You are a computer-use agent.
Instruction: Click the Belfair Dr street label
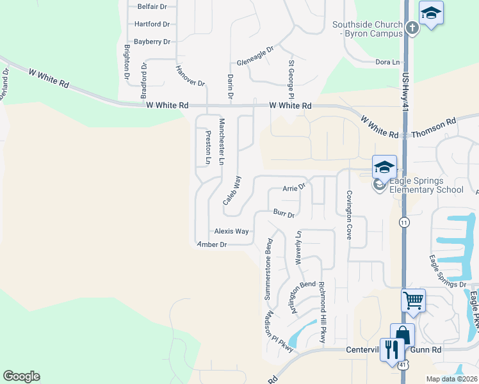coord(152,6)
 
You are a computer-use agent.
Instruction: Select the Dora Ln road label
coord(387,62)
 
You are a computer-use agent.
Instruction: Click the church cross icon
coord(412,27)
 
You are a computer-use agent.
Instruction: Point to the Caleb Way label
coord(232,190)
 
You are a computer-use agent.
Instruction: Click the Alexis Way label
coord(231,231)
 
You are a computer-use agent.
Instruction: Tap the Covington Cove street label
coord(350,214)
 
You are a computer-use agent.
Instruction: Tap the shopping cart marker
coord(413,299)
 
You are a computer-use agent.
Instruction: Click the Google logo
coord(21,376)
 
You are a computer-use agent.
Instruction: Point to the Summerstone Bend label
coord(268,269)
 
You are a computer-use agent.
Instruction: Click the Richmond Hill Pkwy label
coord(322,312)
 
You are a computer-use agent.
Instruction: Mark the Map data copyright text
coord(451,379)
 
